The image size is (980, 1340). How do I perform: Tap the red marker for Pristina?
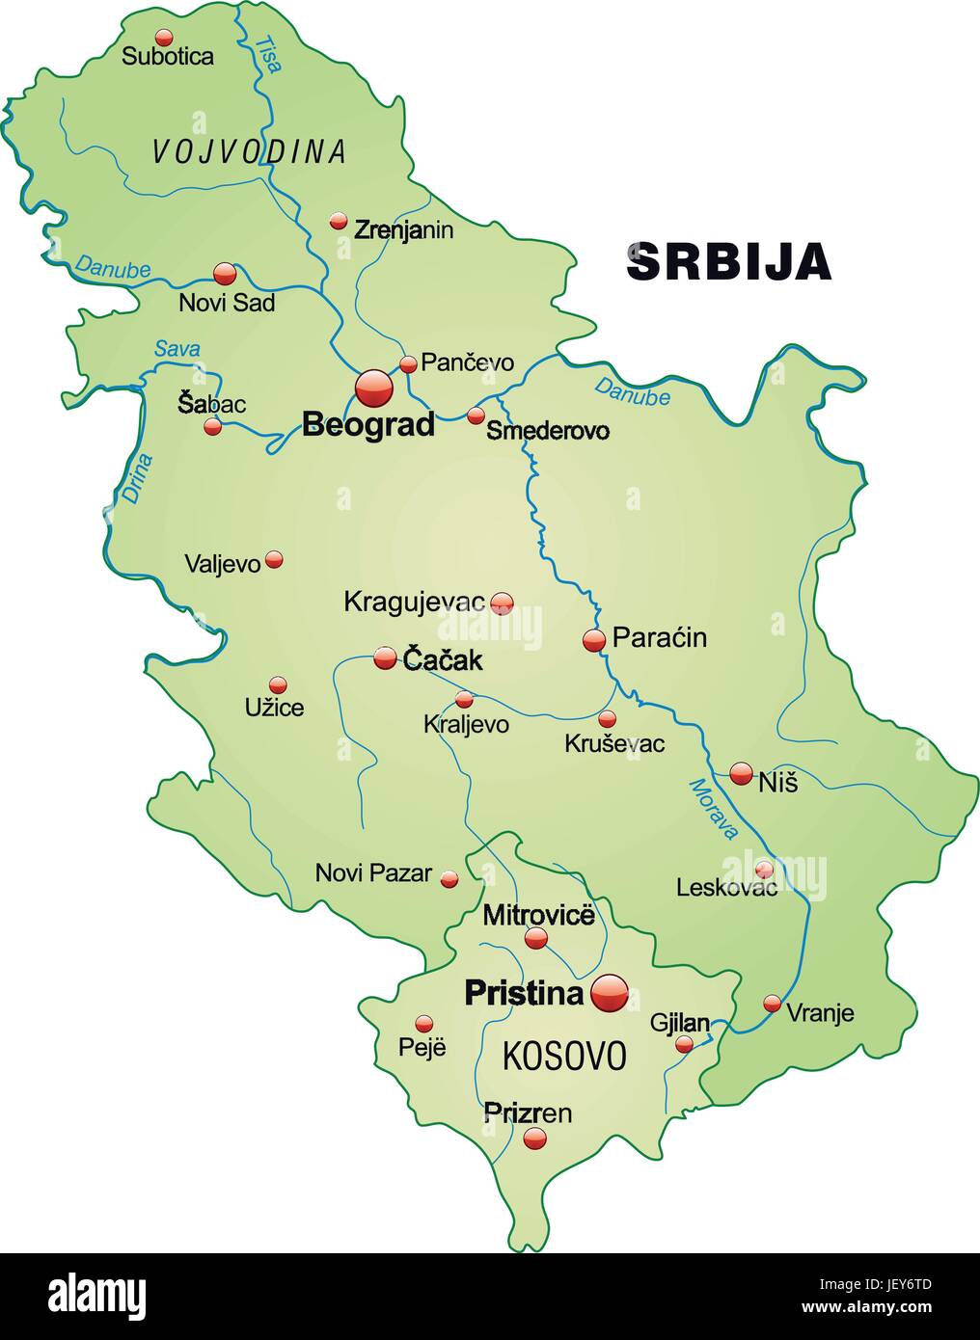point(609,992)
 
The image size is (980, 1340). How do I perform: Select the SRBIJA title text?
point(729,261)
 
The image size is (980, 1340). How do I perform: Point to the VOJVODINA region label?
point(249,151)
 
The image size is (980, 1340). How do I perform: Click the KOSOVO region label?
point(563,1056)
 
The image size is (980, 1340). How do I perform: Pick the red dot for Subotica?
point(164,38)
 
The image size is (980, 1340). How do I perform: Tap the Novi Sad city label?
point(227,303)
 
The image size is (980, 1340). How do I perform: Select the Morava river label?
point(713,808)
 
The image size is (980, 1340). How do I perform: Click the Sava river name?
point(177,349)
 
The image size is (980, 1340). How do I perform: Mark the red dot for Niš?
point(741,772)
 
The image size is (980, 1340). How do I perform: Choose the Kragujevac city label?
point(414,603)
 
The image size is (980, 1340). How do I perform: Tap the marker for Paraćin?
point(594,639)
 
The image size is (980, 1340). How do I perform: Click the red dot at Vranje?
point(772,1004)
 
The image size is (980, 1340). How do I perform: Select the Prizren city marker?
point(534,1139)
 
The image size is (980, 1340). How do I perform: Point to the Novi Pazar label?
point(373,873)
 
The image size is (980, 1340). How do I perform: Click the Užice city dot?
point(278,684)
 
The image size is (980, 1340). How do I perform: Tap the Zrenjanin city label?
point(403,230)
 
